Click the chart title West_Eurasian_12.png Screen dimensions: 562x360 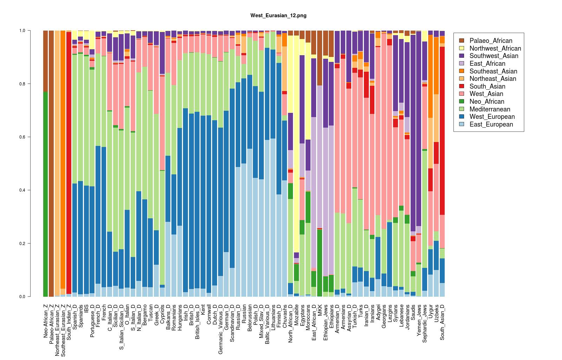point(278,15)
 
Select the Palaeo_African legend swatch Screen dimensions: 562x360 point(462,40)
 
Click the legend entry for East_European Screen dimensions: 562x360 point(491,124)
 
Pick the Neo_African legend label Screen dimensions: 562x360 point(487,101)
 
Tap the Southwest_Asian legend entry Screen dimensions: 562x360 point(494,56)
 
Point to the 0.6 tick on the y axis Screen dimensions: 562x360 point(29,137)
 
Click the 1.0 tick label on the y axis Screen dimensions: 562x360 point(22,31)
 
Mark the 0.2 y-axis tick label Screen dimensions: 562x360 point(22,244)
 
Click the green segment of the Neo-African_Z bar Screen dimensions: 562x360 point(45,194)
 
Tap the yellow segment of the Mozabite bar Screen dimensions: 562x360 point(296,144)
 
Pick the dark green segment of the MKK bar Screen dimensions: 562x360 point(320,263)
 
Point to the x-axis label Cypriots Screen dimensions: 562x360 point(162,314)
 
